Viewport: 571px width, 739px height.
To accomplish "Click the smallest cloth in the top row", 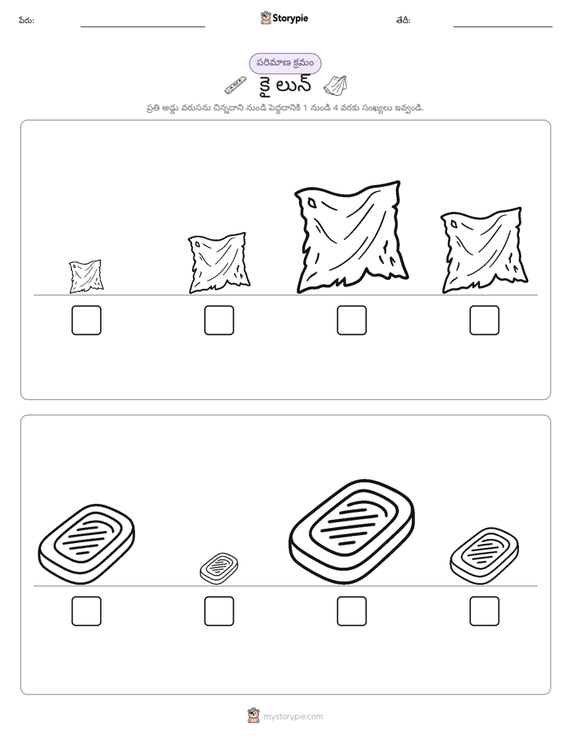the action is [86, 276].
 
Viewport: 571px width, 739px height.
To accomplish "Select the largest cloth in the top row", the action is [351, 237].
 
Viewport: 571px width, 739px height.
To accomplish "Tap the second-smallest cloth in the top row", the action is [218, 263].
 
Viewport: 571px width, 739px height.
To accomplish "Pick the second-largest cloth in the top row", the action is [485, 250].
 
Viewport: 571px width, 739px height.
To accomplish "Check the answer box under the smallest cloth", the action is [86, 320].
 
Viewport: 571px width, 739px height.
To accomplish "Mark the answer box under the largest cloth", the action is [351, 320].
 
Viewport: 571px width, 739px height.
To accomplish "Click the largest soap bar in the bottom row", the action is [351, 532].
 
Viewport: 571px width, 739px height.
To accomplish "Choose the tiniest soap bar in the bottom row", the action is [218, 569].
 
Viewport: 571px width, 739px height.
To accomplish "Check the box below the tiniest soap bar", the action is [218, 611].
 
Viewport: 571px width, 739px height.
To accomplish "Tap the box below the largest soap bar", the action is [351, 611].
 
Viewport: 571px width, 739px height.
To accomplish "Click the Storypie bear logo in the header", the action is [266, 18].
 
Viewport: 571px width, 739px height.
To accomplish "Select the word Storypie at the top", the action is [290, 18].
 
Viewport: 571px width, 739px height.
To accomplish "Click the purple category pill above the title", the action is [285, 63].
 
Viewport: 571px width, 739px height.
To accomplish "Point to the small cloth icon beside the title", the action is [336, 84].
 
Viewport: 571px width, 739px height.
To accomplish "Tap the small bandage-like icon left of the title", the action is [235, 84].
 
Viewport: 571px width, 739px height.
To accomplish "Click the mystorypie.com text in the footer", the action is [293, 717].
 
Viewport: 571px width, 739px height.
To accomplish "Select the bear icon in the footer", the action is [254, 716].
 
